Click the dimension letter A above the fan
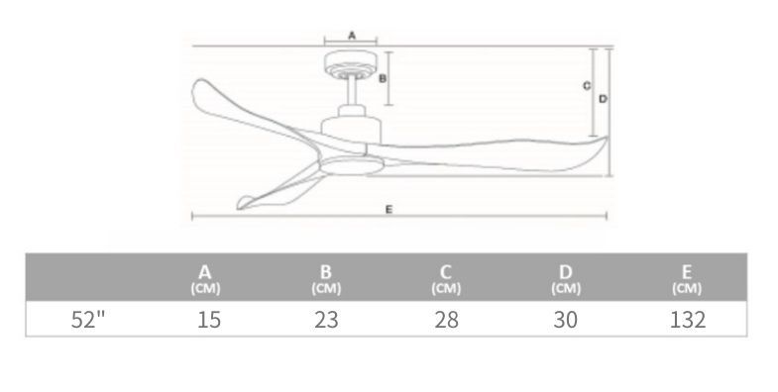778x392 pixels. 352,36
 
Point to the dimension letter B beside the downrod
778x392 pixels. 383,78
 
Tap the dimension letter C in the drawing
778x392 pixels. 587,86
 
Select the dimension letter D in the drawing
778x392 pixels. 603,99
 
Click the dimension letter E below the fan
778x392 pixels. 389,210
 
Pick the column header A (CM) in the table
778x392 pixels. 205,279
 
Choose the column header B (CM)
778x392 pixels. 326,279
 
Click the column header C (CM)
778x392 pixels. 446,279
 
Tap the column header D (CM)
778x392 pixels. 566,279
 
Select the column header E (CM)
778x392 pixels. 687,279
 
